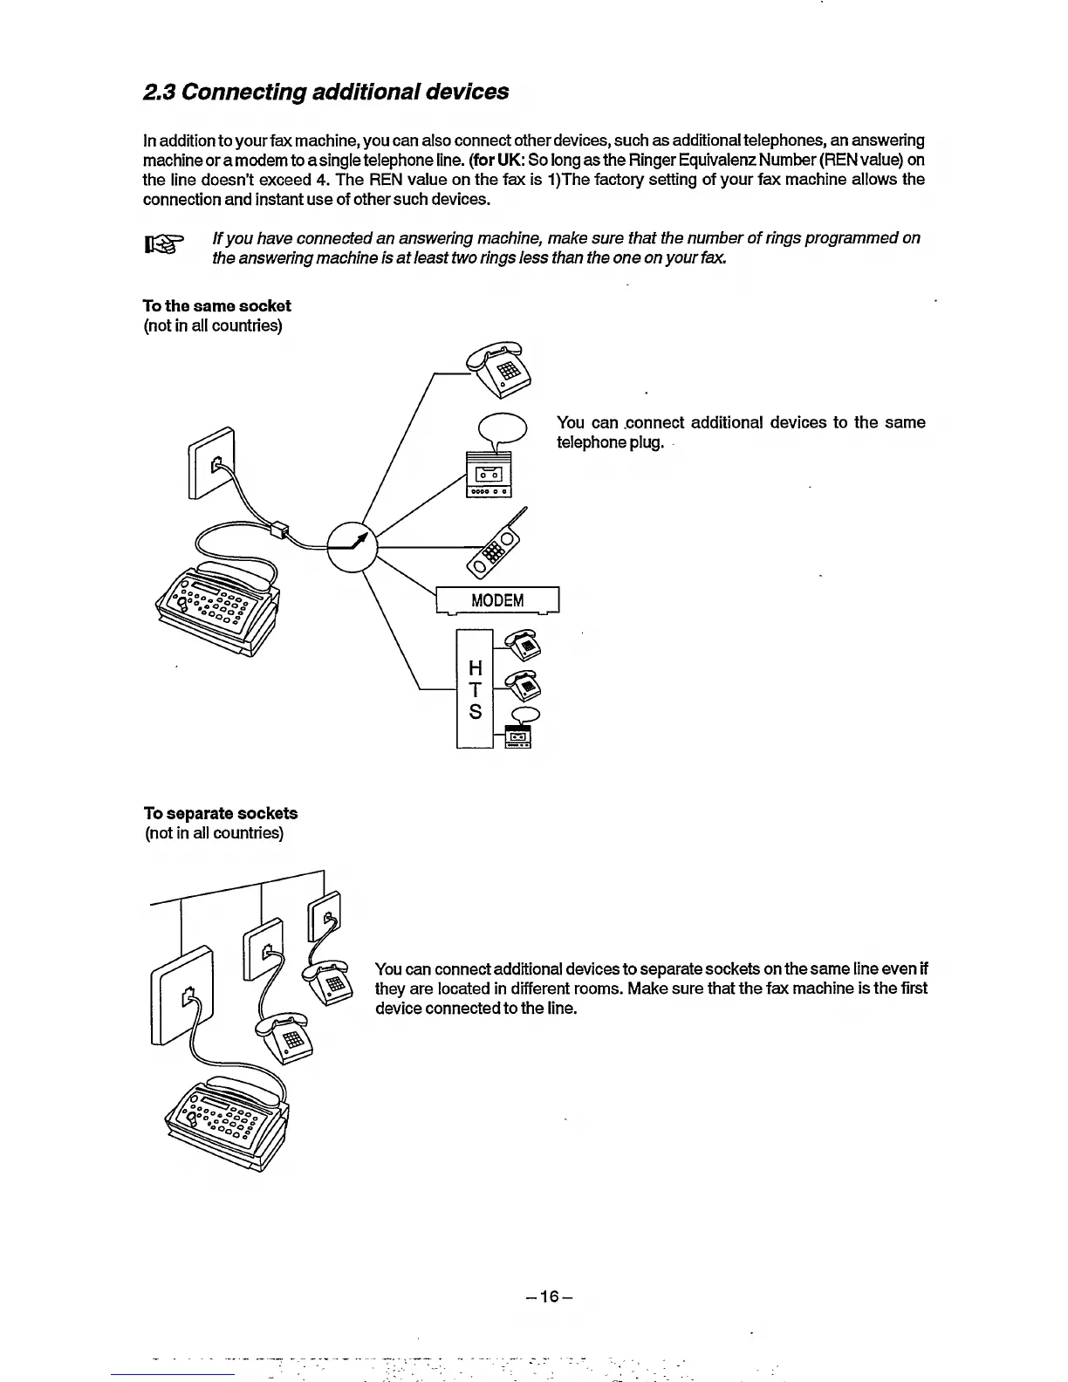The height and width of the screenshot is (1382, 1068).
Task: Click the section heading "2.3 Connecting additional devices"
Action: tap(325, 92)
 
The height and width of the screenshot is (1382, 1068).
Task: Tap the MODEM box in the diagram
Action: tap(497, 600)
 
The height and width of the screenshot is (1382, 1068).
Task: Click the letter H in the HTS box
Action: tap(476, 668)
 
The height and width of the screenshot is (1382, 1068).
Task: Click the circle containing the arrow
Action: tap(351, 545)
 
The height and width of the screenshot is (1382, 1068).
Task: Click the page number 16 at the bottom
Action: tap(549, 1296)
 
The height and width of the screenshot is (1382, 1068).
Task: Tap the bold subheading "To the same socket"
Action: tap(217, 305)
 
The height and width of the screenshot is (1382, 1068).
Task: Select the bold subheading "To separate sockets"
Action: tap(221, 813)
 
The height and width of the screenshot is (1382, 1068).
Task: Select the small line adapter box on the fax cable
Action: tap(278, 530)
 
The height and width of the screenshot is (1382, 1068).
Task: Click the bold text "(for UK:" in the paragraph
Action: tap(496, 160)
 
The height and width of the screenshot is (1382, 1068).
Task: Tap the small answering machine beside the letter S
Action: tap(521, 738)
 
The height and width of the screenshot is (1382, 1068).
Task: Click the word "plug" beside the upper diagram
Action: tap(646, 442)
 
